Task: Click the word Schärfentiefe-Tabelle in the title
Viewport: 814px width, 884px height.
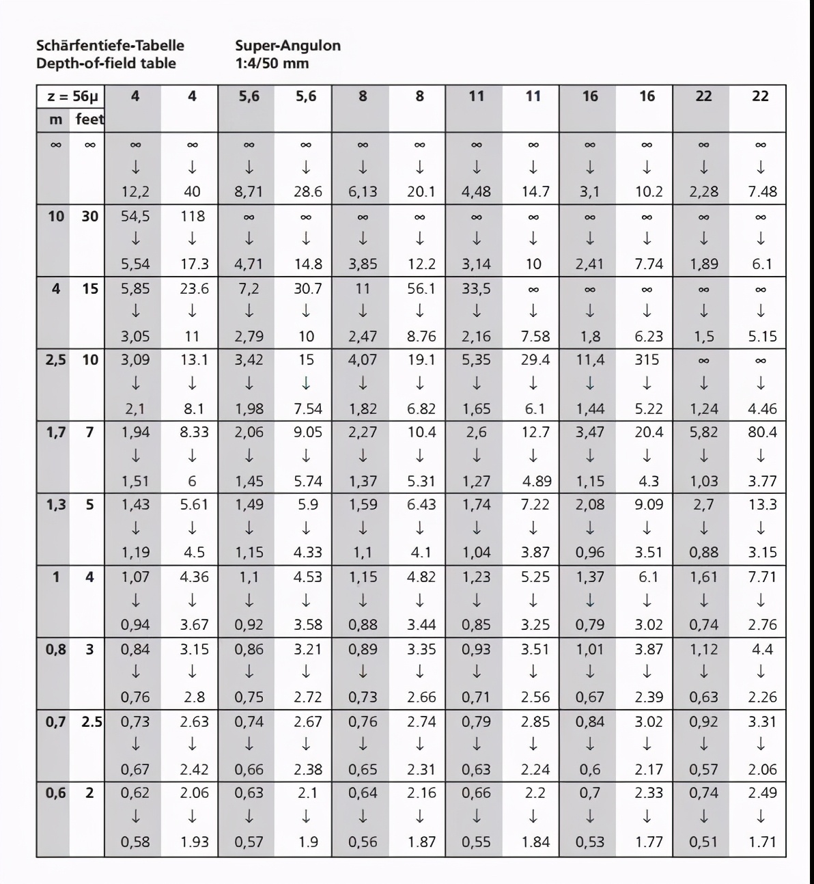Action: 110,46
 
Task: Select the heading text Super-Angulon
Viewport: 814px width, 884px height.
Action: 287,46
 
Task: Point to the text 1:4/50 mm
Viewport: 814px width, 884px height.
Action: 272,64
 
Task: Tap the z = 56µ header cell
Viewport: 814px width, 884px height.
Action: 72,96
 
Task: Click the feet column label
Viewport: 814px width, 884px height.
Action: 89,120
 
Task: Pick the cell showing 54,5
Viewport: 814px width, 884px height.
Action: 135,216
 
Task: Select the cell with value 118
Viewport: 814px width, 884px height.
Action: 193,216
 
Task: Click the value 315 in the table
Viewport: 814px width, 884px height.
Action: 647,359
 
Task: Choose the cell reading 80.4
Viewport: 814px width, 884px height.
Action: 762,432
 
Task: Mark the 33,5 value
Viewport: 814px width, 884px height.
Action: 476,288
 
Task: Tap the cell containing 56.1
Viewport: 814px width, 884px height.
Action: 421,288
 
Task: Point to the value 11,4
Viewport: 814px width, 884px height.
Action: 590,359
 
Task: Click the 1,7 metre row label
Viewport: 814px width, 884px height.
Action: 55,432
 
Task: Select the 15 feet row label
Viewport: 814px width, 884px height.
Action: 90,288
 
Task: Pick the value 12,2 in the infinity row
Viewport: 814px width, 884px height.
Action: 135,192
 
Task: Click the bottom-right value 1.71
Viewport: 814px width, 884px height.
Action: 762,842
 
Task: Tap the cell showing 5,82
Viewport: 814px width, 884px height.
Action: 703,432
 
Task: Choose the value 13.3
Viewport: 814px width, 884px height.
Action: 762,504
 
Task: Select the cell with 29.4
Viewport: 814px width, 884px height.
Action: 535,359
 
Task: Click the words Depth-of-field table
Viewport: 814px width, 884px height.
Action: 106,64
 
